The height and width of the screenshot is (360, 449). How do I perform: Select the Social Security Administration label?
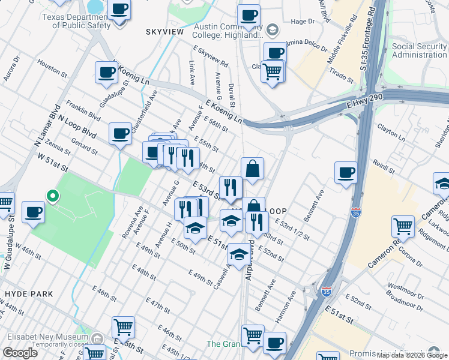(419, 50)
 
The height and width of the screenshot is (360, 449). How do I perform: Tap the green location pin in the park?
(52, 196)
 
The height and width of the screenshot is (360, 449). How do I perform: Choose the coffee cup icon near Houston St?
(106, 73)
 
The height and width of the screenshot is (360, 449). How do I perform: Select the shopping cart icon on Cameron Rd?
(402, 227)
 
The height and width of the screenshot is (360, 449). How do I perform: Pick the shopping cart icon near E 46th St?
(123, 327)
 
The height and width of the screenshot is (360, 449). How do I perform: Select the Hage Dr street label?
(303, 22)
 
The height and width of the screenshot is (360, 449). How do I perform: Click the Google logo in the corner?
(20, 353)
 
